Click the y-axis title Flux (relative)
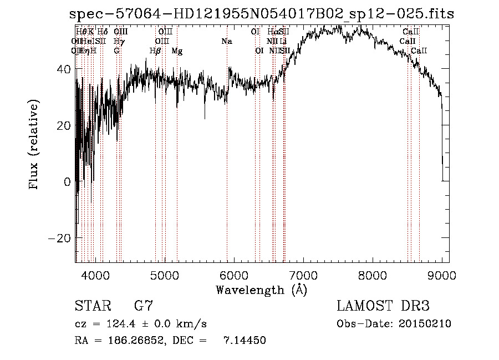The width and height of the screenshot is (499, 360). (x=35, y=145)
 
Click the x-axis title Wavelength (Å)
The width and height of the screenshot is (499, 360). (x=261, y=290)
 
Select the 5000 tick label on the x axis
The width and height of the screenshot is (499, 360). (x=165, y=275)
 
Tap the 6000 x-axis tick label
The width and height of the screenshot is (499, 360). (x=234, y=275)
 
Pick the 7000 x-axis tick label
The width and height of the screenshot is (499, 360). (x=303, y=275)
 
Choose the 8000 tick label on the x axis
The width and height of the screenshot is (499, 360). (x=373, y=275)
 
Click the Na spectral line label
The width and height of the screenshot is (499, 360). (x=227, y=41)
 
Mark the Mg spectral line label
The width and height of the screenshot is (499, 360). (x=177, y=50)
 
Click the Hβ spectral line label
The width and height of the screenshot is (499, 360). (x=155, y=50)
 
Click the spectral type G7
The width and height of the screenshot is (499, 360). (x=143, y=306)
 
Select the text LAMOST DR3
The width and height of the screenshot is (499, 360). (x=383, y=306)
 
